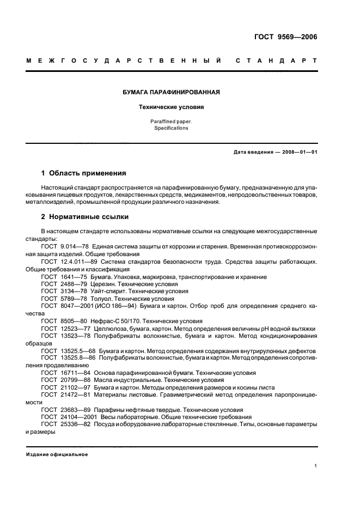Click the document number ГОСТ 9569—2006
pos(285,37)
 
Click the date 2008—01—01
pos(298,151)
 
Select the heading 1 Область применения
pos(83,173)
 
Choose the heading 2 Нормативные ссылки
pos(84,216)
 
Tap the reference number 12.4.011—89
pos(75,262)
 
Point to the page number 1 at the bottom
pos(315,466)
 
